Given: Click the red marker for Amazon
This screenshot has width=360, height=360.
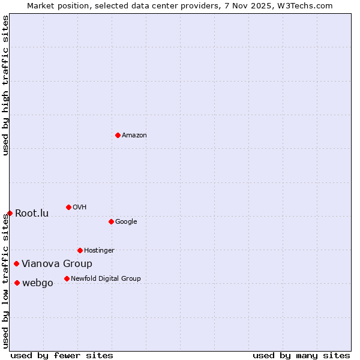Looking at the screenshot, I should click(x=118, y=135).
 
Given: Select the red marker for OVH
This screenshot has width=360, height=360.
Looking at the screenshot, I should click(x=68, y=207).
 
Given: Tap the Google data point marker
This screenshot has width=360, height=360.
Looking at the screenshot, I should click(x=111, y=221).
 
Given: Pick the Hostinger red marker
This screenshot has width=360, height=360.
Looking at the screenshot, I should click(x=80, y=250).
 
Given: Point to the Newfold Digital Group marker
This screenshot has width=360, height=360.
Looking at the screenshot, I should click(x=67, y=278).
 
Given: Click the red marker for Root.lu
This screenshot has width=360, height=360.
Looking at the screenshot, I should click(x=10, y=213).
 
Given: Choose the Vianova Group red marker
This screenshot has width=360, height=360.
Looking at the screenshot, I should click(x=16, y=263).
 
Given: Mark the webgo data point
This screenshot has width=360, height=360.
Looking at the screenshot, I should click(x=17, y=283).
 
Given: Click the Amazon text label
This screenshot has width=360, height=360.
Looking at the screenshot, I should click(x=134, y=136).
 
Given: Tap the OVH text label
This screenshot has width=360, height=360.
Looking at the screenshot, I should click(x=80, y=208).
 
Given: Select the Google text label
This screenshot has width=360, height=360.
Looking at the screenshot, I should click(x=126, y=222).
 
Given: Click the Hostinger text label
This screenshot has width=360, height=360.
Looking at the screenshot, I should click(x=99, y=251).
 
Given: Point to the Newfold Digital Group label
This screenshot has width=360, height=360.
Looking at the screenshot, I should click(x=106, y=279).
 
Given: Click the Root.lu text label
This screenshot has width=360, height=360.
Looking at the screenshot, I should click(x=32, y=214).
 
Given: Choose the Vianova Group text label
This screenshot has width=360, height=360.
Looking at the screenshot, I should click(x=57, y=264).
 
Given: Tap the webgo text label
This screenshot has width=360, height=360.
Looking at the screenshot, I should click(x=37, y=283).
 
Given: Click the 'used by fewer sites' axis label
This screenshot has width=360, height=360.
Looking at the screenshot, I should click(x=62, y=355).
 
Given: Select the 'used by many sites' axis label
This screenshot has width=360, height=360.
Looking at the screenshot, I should click(x=301, y=355).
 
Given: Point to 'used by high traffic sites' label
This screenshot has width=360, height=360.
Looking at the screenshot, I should click(x=5, y=86).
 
